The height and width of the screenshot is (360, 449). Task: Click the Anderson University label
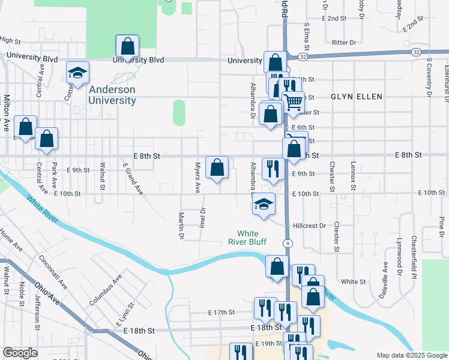click(112, 95)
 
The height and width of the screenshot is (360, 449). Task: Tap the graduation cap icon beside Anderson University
click(77, 72)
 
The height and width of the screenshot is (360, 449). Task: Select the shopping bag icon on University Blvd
click(127, 46)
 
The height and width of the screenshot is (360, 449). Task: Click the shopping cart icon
click(293, 102)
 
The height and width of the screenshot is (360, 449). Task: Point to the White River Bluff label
click(256, 238)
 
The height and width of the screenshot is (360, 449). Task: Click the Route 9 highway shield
click(289, 243)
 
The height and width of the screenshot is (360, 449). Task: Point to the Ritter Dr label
click(344, 43)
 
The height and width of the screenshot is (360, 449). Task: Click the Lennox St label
click(354, 180)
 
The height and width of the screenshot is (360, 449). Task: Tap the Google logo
click(20, 353)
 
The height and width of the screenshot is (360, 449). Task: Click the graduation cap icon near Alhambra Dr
click(263, 204)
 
